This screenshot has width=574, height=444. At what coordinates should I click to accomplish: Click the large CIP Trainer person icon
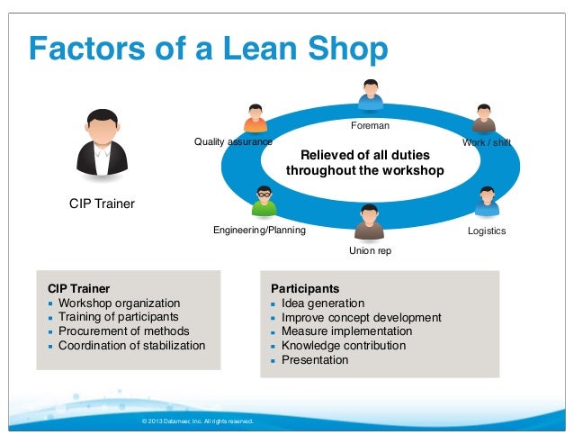click(102, 144)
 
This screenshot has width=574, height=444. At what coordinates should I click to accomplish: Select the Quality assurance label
click(233, 142)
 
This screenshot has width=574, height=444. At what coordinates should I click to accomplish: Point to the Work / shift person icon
click(483, 119)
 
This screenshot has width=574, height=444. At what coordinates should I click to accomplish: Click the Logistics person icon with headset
click(487, 202)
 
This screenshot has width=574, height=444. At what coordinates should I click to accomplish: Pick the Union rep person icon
click(369, 222)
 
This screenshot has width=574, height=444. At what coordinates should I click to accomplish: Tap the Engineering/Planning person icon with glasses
click(264, 202)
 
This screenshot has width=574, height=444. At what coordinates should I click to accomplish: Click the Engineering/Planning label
click(259, 231)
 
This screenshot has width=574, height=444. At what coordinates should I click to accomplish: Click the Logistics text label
click(487, 231)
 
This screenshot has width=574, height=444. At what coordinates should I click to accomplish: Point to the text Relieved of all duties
click(364, 155)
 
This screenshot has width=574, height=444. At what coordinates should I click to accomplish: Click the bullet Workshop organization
click(119, 304)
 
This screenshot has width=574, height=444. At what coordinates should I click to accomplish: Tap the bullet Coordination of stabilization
click(131, 345)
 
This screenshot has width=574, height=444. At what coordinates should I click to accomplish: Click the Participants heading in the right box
click(305, 289)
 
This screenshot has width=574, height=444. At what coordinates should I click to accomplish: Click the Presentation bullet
click(314, 359)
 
